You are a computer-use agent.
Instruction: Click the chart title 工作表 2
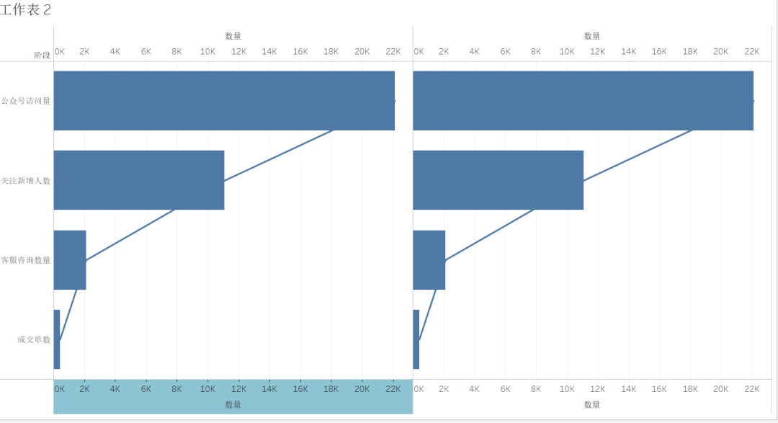[x=26, y=10]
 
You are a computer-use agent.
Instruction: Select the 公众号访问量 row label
[x=26, y=101]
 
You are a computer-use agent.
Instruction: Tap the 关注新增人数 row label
[x=26, y=181]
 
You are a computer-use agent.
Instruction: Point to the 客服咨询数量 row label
[x=26, y=260]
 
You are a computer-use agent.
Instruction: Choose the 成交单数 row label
[x=34, y=339]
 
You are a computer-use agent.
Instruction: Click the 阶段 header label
[x=42, y=55]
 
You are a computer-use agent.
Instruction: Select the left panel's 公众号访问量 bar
[x=224, y=101]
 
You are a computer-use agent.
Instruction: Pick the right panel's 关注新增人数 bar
[x=498, y=180]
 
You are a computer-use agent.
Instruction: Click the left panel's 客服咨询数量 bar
[x=70, y=260]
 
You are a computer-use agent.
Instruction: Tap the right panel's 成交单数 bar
[x=416, y=339]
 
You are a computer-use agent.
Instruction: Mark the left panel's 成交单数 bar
[x=57, y=339]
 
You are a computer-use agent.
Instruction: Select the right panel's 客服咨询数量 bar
[x=429, y=260]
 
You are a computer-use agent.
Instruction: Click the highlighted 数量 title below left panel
[x=233, y=405]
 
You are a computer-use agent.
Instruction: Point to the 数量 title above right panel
[x=592, y=36]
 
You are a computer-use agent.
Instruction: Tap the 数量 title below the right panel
[x=592, y=405]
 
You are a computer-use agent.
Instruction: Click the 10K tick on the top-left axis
[x=207, y=52]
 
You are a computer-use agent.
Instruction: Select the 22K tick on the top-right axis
[x=751, y=52]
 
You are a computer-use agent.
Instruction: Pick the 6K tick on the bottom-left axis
[x=146, y=388]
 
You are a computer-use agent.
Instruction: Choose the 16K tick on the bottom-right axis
[x=659, y=388]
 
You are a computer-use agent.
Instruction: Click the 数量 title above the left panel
[x=233, y=36]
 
